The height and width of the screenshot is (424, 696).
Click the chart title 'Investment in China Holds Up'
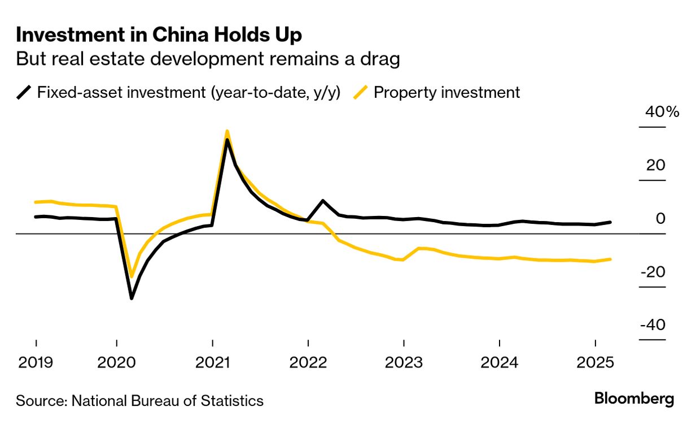[x=159, y=35]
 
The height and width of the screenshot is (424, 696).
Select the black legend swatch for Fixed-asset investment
[x=24, y=92]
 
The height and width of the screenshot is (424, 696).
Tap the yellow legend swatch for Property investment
[x=361, y=92]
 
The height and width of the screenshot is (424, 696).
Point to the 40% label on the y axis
[x=662, y=112]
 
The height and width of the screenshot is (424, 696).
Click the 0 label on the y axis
[x=661, y=219]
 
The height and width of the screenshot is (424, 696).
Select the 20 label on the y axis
[x=656, y=166]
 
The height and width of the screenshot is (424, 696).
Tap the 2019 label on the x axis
[x=36, y=362]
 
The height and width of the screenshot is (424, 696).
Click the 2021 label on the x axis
[x=212, y=362]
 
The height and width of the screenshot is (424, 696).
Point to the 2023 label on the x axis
[x=404, y=362]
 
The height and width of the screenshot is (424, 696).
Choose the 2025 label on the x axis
[x=595, y=362]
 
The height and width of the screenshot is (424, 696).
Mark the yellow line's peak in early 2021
[x=227, y=131]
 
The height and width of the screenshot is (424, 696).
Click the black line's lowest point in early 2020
[x=132, y=298]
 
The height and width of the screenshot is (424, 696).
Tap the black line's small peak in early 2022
[x=322, y=201]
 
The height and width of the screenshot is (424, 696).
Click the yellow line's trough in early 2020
[x=132, y=277]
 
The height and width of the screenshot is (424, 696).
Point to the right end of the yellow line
[x=610, y=259]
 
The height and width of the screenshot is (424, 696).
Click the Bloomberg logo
[x=634, y=399]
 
